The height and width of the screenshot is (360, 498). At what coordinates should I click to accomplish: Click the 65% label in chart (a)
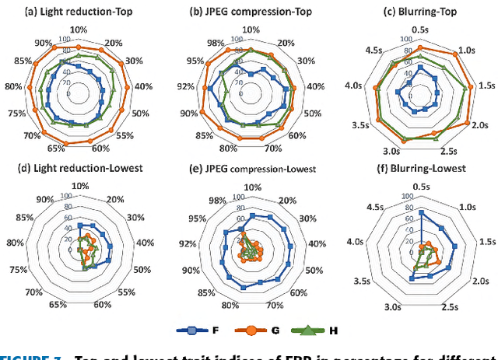point(56,149)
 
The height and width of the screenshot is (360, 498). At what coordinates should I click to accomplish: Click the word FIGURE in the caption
point(24,355)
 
